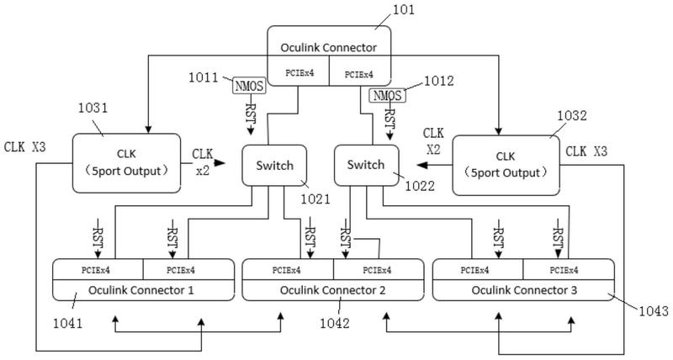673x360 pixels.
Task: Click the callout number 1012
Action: pyautogui.click(x=438, y=82)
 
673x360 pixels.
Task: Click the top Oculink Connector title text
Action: pyautogui.click(x=328, y=47)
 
